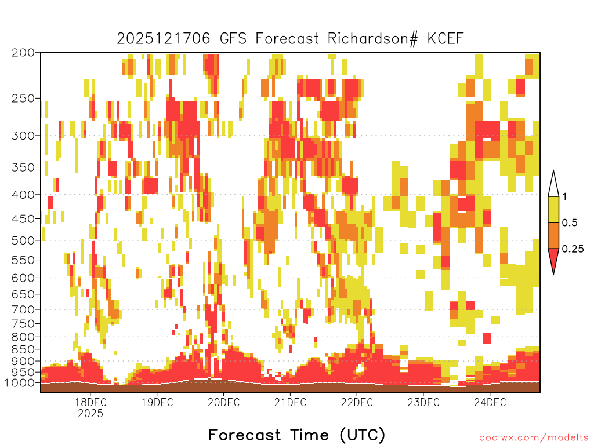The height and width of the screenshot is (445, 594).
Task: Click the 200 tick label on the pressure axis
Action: pos(23,53)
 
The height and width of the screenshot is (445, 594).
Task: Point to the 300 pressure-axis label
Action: pos(23,136)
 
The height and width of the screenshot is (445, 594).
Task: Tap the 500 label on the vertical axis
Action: pos(23,240)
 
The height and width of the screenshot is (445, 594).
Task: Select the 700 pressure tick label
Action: pos(23,309)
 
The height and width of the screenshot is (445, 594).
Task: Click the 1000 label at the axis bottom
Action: pos(20,383)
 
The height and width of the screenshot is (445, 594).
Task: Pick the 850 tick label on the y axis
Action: pos(23,349)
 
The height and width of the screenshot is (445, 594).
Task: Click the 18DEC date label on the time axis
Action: pos(90,402)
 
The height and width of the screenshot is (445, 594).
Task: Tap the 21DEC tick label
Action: pos(290,402)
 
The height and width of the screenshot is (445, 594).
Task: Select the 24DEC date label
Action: pos(490,402)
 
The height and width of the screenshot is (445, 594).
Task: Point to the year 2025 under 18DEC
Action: pos(90,413)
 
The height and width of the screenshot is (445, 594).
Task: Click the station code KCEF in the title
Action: pos(445,39)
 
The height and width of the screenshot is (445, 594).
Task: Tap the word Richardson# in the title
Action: pos(373,39)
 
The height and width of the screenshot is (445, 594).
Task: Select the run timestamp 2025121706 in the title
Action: pos(163,39)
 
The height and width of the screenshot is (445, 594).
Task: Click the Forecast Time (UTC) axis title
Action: pos(296,435)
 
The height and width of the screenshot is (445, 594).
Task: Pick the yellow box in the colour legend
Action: pos(553,209)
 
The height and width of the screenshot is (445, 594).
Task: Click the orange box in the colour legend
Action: pos(553,235)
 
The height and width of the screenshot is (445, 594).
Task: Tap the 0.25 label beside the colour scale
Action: pos(573,249)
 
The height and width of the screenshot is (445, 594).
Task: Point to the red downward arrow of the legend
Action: pos(553,259)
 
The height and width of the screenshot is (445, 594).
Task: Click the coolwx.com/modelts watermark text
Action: pos(534,438)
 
